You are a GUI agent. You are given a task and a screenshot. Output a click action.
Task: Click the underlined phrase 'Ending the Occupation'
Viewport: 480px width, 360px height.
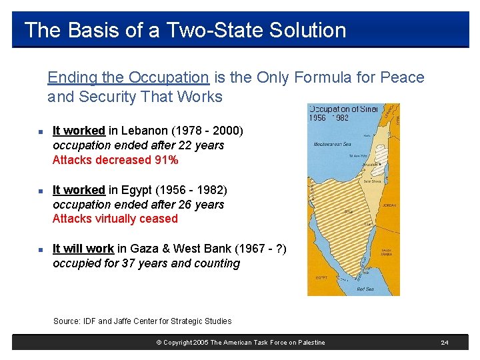tap(128, 77)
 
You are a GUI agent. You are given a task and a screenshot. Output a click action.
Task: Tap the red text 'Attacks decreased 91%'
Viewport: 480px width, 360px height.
tap(115, 160)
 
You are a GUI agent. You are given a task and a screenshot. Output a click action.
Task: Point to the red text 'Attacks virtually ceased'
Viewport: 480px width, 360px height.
tap(115, 219)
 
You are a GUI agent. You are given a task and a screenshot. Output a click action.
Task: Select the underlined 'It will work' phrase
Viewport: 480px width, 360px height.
tap(83, 249)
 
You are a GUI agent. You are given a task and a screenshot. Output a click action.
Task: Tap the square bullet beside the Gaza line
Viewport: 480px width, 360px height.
tap(41, 249)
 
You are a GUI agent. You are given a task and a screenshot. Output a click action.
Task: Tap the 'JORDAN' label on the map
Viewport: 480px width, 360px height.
tap(389, 205)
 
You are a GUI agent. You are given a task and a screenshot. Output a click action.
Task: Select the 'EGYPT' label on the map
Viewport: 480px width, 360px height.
tap(321, 277)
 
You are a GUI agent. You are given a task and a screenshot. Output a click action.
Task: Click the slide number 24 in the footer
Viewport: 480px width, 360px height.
tap(444, 343)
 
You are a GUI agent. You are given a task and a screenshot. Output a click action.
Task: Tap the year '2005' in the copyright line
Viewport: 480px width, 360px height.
tap(199, 343)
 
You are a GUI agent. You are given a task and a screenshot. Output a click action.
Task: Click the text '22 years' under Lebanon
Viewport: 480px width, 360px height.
tap(204, 145)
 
